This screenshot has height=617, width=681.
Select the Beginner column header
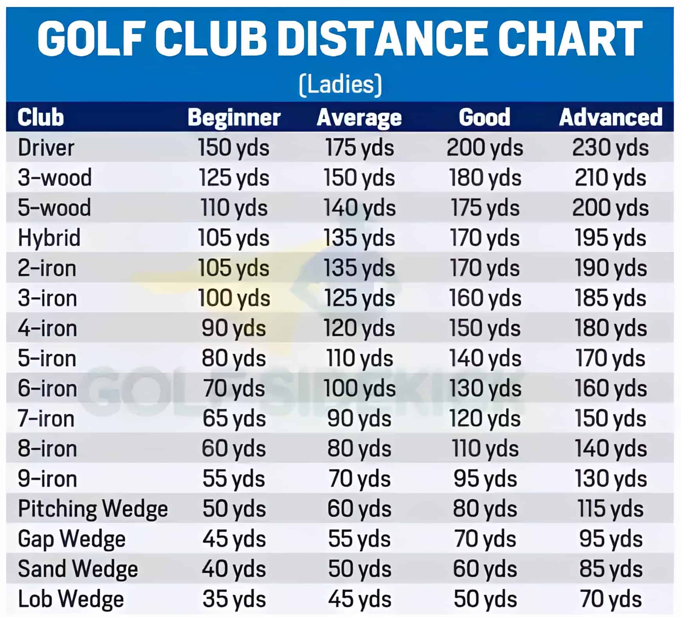click(234, 117)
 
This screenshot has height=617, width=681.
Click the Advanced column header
click(611, 117)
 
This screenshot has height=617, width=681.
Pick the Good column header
click(485, 117)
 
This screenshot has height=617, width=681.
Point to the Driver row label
click(46, 148)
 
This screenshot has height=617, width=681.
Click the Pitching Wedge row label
click(93, 509)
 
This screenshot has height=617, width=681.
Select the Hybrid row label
click(49, 238)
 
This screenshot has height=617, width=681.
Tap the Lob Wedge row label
click(71, 599)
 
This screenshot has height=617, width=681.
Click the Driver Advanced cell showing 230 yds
click(610, 148)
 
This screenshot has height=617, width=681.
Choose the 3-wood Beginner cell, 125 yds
click(234, 178)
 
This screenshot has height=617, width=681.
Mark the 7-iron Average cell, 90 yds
click(359, 419)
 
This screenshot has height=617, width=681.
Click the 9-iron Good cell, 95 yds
click(485, 479)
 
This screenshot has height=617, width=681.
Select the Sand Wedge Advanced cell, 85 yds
click(611, 569)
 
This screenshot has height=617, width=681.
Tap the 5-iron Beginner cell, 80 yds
click(234, 358)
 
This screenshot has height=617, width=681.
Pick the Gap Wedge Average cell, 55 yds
click(359, 539)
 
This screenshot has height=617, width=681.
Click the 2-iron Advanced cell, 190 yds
click(611, 268)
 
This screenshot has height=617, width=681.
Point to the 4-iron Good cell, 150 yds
click(485, 328)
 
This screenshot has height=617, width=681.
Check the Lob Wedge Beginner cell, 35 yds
click(234, 599)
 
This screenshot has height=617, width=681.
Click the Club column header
click(41, 117)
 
